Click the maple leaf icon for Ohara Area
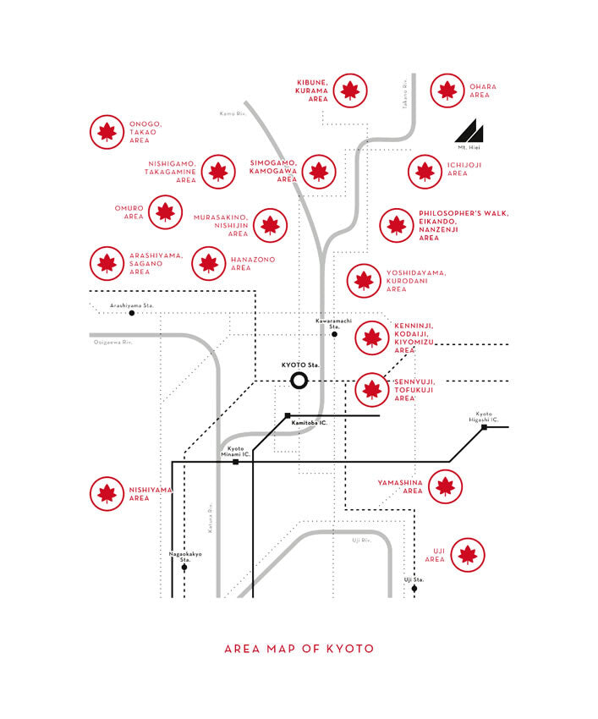click(447, 91)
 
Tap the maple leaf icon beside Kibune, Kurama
click(350, 91)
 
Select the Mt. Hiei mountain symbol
click(471, 132)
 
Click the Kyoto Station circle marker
click(299, 380)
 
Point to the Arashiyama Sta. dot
click(132, 313)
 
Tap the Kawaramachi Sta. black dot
click(335, 334)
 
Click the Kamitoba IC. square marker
click(288, 415)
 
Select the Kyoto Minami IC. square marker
click(236, 462)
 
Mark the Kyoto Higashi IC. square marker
click(484, 427)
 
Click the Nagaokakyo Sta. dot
click(184, 567)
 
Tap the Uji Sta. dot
click(414, 589)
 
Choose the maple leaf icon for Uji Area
click(468, 555)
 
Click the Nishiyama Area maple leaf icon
click(107, 493)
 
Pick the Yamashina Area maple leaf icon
click(445, 486)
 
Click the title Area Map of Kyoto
click(299, 649)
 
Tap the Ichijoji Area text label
click(464, 169)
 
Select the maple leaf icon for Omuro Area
click(166, 211)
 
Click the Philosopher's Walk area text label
click(464, 225)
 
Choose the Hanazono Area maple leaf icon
click(209, 263)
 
